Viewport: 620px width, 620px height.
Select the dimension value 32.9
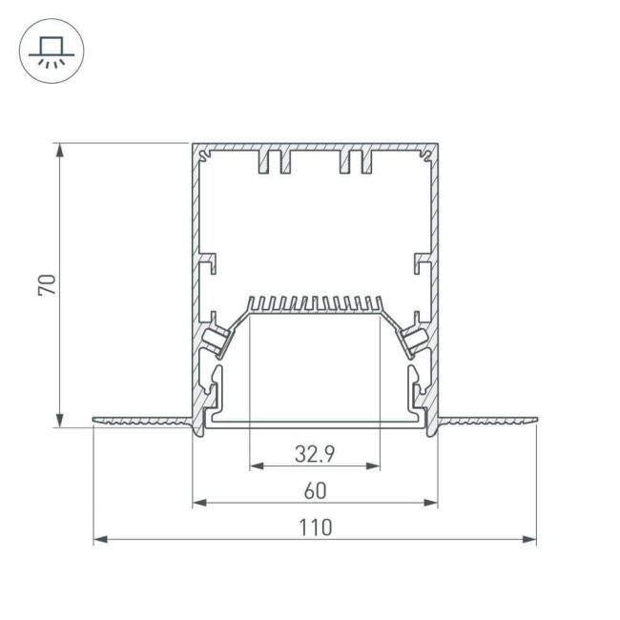(314, 455)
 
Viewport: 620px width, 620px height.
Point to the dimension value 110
(316, 527)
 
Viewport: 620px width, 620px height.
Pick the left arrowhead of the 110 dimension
(99, 540)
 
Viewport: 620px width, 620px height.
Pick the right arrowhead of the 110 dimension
(530, 540)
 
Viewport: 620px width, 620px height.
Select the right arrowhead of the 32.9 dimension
(374, 467)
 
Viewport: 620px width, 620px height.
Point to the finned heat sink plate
(315, 306)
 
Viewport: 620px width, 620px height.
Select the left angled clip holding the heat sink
(217, 337)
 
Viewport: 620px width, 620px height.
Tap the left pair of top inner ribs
(274, 161)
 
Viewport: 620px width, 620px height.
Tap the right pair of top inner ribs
(355, 161)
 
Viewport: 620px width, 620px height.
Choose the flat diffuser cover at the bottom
(315, 421)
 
